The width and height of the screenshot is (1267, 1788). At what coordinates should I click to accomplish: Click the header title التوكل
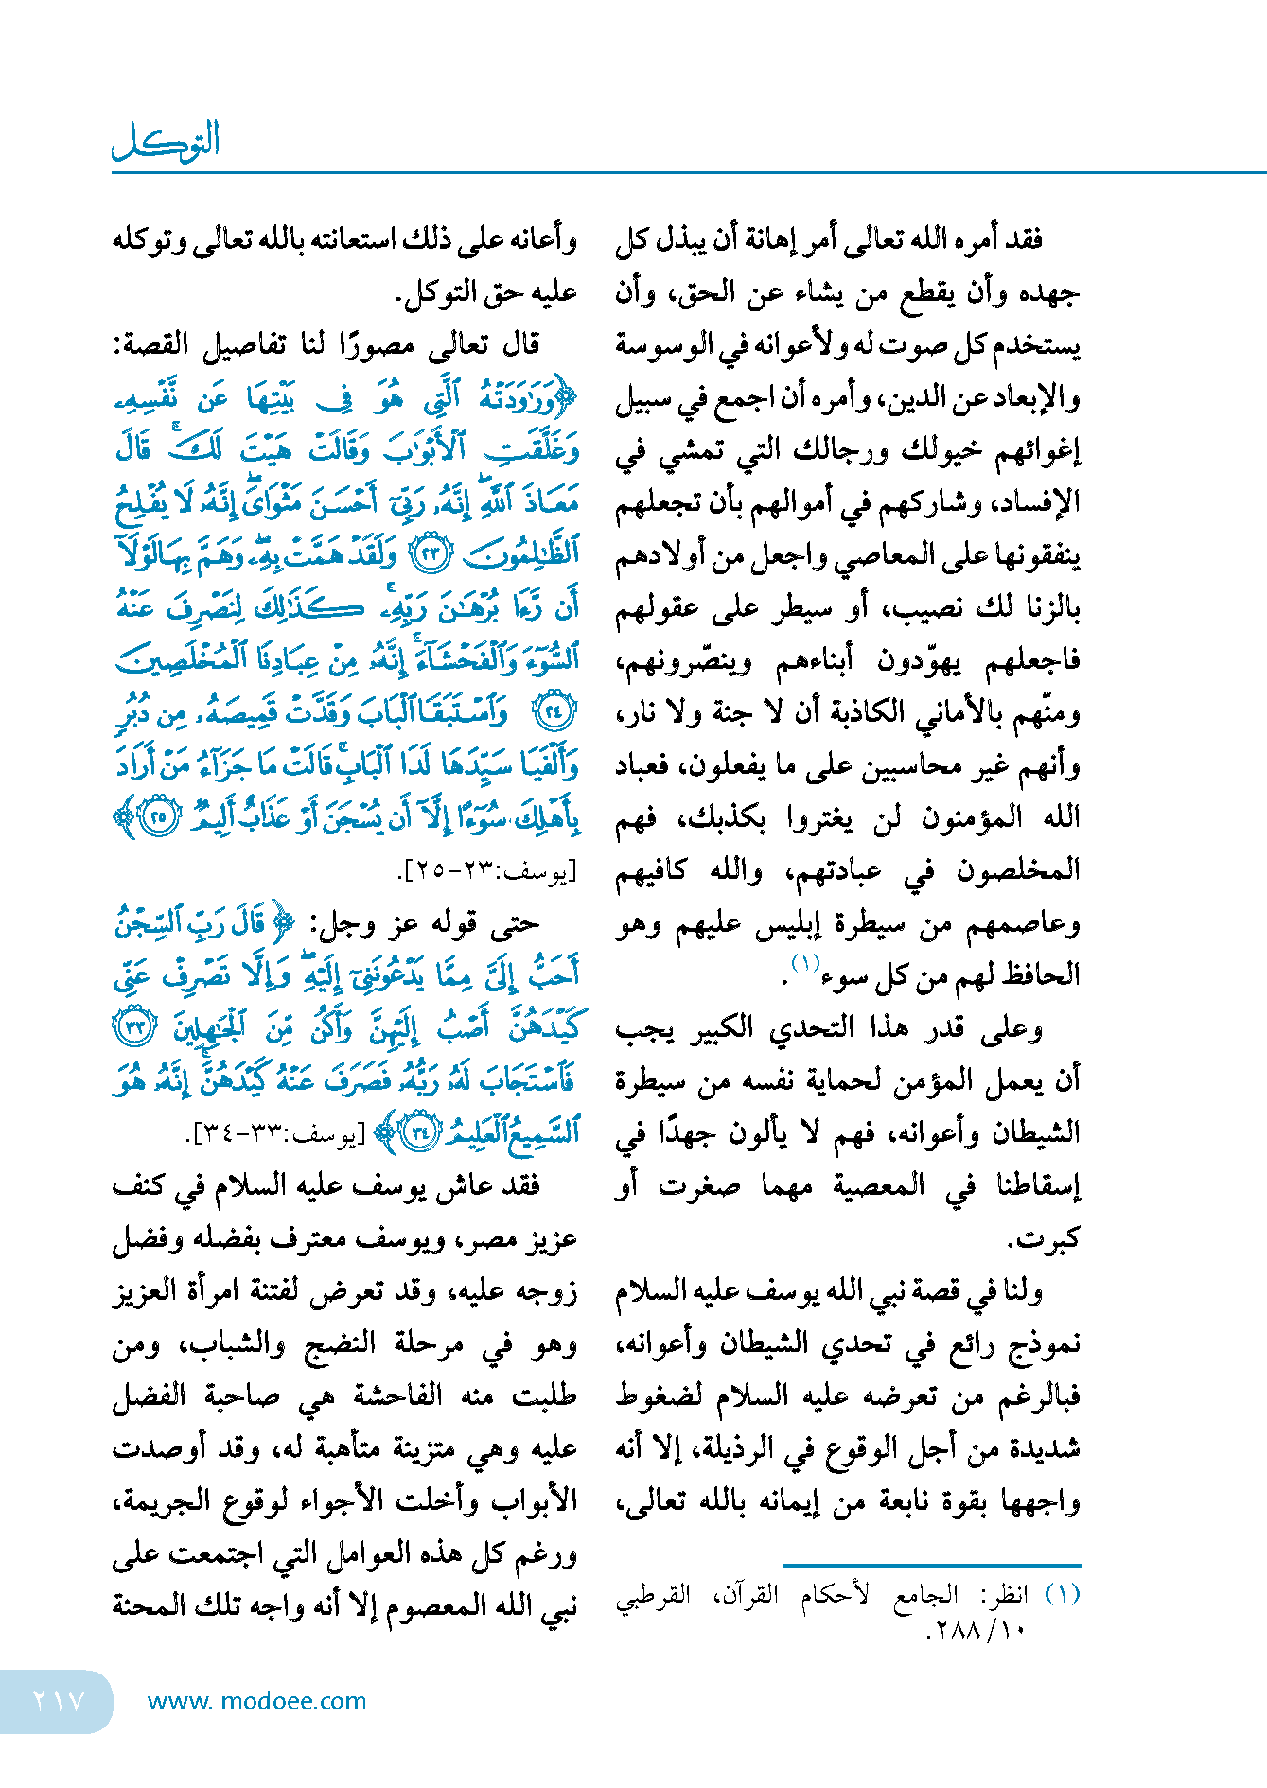[x=167, y=142]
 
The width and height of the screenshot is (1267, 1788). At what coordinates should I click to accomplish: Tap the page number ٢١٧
[x=59, y=1700]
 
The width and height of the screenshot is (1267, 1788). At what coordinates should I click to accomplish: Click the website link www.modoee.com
[x=256, y=1701]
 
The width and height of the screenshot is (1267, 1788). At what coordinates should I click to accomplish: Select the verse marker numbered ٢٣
[x=431, y=553]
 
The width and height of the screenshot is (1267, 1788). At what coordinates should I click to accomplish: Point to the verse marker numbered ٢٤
[x=554, y=710]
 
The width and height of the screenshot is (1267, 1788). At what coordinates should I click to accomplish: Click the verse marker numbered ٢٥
[x=158, y=815]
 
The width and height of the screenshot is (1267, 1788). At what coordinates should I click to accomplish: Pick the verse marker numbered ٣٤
[x=418, y=1131]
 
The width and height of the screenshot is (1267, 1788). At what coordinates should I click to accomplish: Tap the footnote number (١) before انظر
[x=1063, y=1595]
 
